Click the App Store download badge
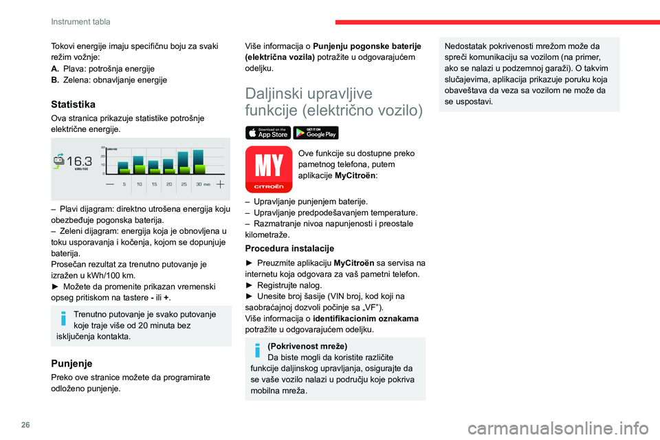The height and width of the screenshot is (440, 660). pos(267,133)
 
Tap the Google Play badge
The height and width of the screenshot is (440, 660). pos(316,133)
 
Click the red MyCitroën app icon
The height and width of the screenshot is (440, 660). pos(269,169)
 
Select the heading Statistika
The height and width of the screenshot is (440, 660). pos(74,104)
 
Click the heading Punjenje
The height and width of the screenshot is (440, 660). pos(71,364)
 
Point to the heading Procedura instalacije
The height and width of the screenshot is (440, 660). pos(289,248)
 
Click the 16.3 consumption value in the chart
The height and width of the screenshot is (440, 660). pos(79,162)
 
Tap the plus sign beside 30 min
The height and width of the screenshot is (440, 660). pos(220,184)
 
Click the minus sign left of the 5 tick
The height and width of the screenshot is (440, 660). pos(110,184)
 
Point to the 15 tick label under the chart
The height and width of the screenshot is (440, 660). pos(154,184)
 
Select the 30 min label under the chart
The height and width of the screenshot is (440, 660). pos(203,184)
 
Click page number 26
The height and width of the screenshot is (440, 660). pos(25,425)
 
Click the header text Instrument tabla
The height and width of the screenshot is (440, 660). pos(80,21)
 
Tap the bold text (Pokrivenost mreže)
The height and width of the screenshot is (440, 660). pos(307,346)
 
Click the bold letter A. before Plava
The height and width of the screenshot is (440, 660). pos(55,69)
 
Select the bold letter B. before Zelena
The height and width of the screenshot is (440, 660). pos(55,80)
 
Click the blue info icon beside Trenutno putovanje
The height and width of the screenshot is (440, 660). pos(63,318)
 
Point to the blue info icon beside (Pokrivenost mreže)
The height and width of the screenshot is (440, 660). pos(258,351)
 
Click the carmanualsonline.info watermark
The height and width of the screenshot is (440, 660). pos(558,428)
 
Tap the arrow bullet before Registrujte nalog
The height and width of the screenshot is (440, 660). pos(249,285)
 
